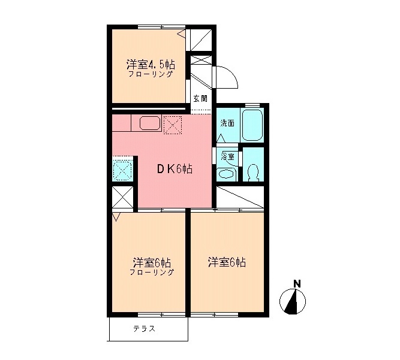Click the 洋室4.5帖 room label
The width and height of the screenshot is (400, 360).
pos(151,63)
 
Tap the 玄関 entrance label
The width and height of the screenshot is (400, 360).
pos(200,98)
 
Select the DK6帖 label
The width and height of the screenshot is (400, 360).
pos(175,169)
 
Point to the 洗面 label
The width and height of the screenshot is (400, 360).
pos(227,123)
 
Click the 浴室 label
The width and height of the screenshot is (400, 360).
pos(227,156)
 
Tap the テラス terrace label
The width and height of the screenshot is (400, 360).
pos(144,328)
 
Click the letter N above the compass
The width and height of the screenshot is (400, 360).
pos(296,284)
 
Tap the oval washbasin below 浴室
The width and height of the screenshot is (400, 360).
pos(227,174)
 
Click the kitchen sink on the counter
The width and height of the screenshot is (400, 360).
pos(150,123)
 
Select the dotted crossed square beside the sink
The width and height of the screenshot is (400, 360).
pos(173,125)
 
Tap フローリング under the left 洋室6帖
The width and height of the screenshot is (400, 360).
pos(152,272)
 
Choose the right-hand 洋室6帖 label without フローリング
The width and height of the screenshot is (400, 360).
pos(227,262)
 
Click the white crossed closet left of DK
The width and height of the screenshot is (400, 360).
pos(122,198)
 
